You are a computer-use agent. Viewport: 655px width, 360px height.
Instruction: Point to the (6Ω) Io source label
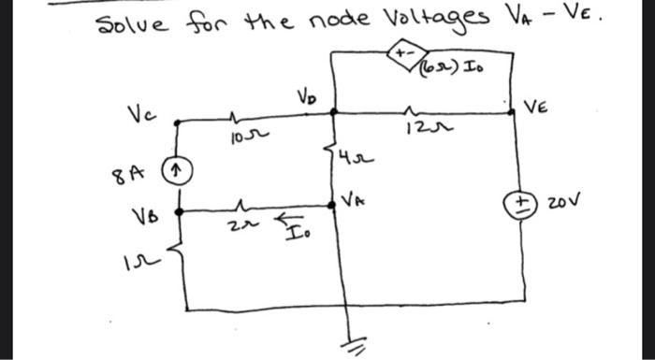tap(462, 66)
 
